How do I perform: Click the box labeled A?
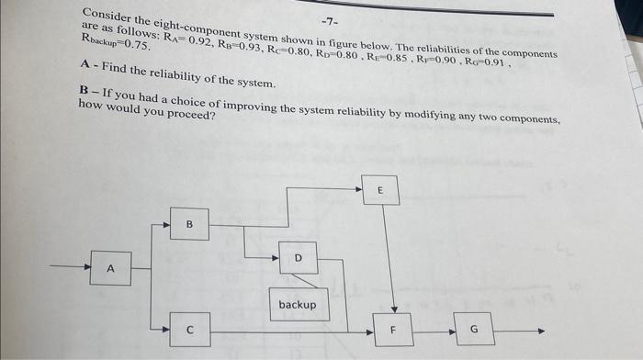(x=110, y=269)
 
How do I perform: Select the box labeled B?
(x=189, y=223)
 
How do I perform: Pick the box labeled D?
(x=298, y=259)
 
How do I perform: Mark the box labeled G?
(x=474, y=328)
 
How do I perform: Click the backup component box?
(x=297, y=304)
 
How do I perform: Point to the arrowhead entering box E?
(x=357, y=189)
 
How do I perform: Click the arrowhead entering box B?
(x=166, y=223)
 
